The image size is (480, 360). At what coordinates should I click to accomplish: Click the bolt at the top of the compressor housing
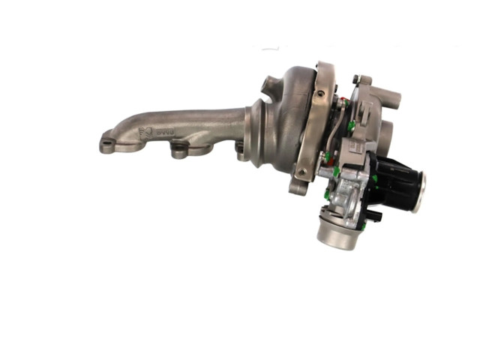[357, 79]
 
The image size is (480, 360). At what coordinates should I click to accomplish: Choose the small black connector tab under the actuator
[376, 216]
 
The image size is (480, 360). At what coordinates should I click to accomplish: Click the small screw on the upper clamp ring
[320, 94]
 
